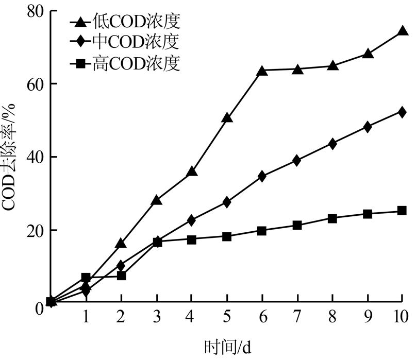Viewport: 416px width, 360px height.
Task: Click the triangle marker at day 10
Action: point(403,32)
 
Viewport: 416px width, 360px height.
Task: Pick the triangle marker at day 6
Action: point(262,71)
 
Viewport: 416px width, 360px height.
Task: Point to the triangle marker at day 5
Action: point(227,118)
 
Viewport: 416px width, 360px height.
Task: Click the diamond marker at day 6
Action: point(262,176)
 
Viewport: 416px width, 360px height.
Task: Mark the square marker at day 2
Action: point(121,276)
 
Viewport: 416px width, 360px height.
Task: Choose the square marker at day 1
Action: point(86,278)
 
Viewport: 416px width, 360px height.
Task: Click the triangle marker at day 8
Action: point(332,66)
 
